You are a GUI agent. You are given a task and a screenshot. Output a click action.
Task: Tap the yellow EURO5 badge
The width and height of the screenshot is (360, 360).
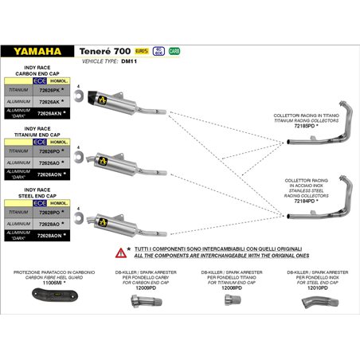(x=142, y=50)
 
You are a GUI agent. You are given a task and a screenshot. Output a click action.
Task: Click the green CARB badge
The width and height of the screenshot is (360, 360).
(x=174, y=50)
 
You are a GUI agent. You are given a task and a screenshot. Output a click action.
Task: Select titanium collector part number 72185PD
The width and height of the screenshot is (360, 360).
(x=306, y=125)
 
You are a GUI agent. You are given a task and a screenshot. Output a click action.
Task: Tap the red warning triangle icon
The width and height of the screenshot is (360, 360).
(x=120, y=252)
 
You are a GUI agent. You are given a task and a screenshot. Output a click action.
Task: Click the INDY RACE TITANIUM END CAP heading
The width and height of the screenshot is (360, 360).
(x=37, y=133)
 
